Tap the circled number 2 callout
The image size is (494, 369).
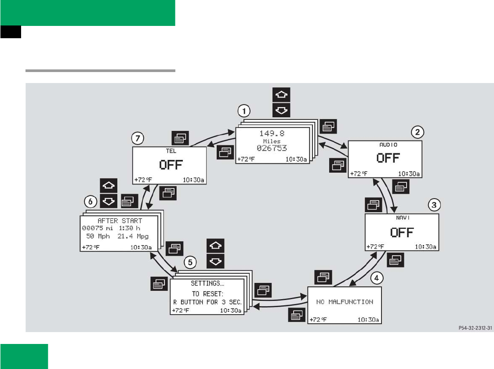pos(417,131)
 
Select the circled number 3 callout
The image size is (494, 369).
pos(434,204)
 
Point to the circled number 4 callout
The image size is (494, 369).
pos(376,277)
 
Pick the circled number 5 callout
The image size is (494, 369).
pos(189,262)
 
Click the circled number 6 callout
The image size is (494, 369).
pos(90,201)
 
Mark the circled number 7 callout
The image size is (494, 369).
pos(138,137)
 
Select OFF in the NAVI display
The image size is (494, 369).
pos(402,232)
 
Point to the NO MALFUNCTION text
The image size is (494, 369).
pos(345,302)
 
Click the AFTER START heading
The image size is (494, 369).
pos(120,221)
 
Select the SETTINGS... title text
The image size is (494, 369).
pos(207,283)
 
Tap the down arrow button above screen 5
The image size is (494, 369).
pos(215,261)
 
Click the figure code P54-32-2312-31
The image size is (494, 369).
pos(474,327)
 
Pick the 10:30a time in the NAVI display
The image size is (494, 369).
pos(425,247)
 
